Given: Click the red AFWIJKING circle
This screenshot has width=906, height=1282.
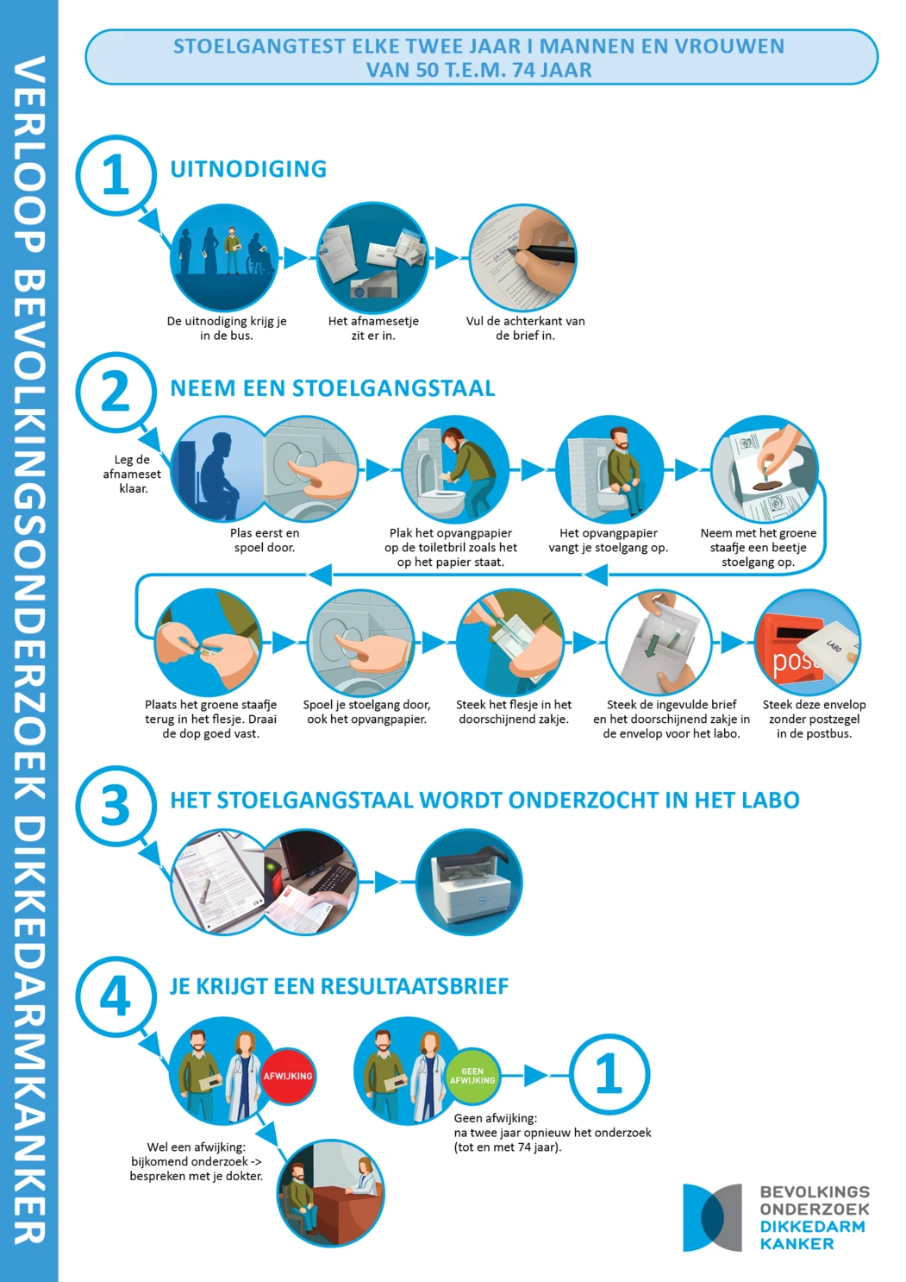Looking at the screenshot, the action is [x=288, y=1076].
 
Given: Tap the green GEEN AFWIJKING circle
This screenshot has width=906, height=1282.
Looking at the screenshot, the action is [x=472, y=1076].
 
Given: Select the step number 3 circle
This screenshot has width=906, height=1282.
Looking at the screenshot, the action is [x=116, y=805].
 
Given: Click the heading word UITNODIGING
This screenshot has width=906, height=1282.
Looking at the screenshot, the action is [x=249, y=169].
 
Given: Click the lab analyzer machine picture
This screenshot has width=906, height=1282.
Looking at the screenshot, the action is [x=469, y=882].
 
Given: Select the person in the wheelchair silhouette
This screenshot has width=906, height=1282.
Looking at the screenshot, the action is [x=259, y=254].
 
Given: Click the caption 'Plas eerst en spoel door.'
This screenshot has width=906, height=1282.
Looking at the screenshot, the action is [x=265, y=540].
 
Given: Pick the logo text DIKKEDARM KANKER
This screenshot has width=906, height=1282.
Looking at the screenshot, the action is [x=813, y=1235].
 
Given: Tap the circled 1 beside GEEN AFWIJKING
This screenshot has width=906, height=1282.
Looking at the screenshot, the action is [x=609, y=1074].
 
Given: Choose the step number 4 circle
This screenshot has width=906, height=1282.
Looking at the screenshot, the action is [x=116, y=996].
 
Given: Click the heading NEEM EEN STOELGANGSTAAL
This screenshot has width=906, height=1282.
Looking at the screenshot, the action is [x=333, y=388].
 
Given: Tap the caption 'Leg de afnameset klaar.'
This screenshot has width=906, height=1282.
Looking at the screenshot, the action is [x=132, y=474].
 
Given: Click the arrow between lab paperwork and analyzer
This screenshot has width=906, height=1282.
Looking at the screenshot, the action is [x=387, y=882].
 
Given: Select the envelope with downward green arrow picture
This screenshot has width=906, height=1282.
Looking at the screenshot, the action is [x=659, y=642].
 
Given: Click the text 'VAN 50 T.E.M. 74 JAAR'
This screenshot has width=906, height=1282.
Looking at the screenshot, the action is [x=478, y=70].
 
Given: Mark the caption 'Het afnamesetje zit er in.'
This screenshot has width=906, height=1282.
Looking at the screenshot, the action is [x=373, y=329].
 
